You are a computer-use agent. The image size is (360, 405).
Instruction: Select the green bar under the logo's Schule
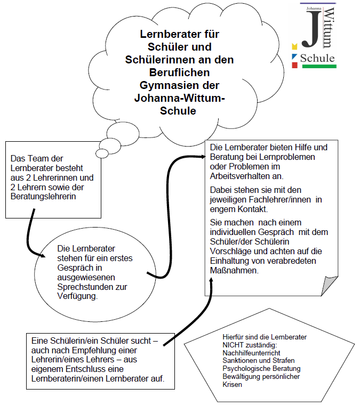pyautogui.click(x=318, y=67)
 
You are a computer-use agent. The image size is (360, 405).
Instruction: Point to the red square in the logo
pyautogui.click(x=294, y=65)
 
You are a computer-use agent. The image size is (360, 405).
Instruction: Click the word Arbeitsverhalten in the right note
pyautogui.click(x=240, y=176)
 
